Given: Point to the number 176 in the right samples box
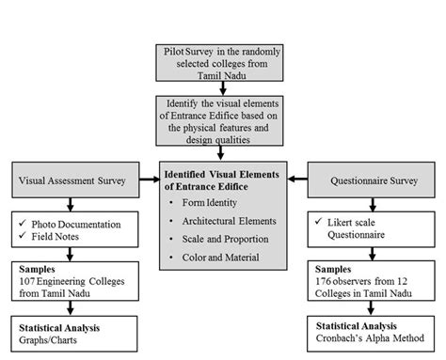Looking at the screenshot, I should pos(325,280).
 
